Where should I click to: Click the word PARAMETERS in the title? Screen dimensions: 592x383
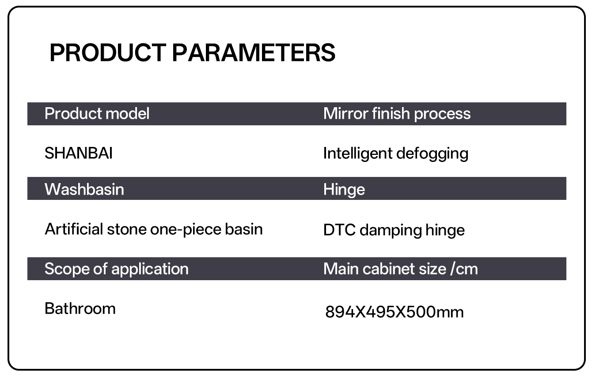pyautogui.click(x=254, y=53)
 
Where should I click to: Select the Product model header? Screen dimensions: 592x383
pyautogui.click(x=97, y=114)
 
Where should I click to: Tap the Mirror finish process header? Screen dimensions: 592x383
pyautogui.click(x=397, y=114)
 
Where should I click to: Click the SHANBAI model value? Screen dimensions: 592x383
pyautogui.click(x=79, y=153)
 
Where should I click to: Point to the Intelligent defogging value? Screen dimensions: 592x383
pyautogui.click(x=396, y=154)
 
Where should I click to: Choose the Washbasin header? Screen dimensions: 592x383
pyautogui.click(x=84, y=189)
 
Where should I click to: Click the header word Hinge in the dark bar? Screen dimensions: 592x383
pyautogui.click(x=344, y=190)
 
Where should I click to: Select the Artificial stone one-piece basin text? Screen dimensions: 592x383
pyautogui.click(x=154, y=229)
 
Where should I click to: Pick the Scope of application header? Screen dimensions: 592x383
pyautogui.click(x=117, y=269)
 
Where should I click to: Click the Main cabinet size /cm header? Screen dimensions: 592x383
pyautogui.click(x=400, y=269)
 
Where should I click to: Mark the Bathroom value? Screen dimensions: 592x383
pyautogui.click(x=80, y=308)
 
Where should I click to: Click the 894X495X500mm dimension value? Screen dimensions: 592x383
pyautogui.click(x=395, y=312)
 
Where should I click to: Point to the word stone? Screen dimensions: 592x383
pyautogui.click(x=127, y=229)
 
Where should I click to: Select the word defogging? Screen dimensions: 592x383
pyautogui.click(x=432, y=154)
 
